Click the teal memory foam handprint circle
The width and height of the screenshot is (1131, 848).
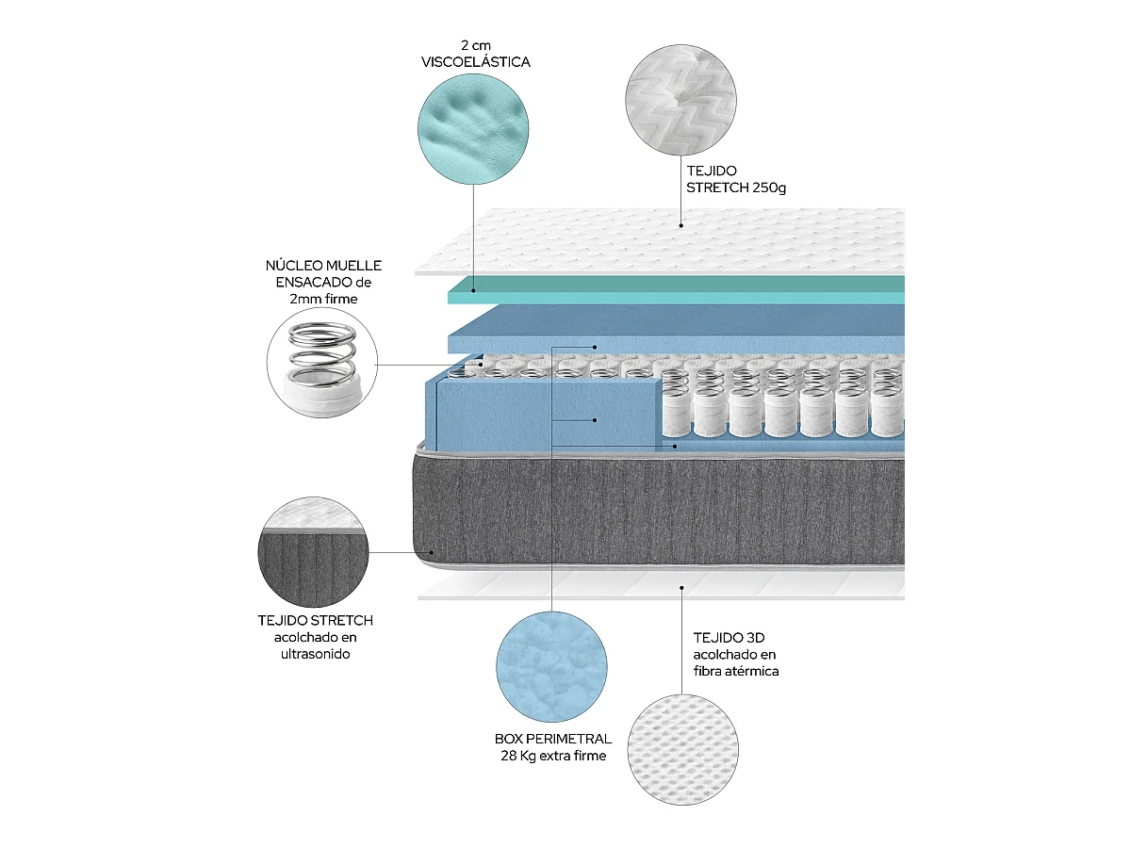click(x=472, y=129)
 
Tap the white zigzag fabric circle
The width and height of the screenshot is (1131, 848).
click(x=680, y=99)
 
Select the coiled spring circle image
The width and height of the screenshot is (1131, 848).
click(x=321, y=363)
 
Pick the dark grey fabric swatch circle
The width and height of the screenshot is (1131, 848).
click(x=313, y=551)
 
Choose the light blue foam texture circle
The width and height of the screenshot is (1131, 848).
click(x=551, y=666)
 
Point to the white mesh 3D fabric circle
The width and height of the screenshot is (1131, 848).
click(x=682, y=749)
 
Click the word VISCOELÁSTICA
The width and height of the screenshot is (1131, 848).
click(x=475, y=62)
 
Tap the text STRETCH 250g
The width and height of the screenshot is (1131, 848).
click(x=735, y=188)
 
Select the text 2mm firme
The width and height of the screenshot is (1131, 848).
click(x=323, y=299)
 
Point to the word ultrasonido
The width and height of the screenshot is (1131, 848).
click(x=315, y=654)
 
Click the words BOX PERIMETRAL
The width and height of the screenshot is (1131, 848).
click(x=553, y=739)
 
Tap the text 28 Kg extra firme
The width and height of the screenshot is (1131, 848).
click(x=553, y=756)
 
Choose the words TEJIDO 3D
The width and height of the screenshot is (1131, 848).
click(x=729, y=638)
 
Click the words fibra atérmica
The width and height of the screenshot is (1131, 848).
click(x=735, y=672)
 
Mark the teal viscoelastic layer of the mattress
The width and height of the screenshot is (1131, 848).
click(x=676, y=290)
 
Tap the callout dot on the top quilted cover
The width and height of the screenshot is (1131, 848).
click(x=680, y=225)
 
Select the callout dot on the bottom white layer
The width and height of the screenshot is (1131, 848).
click(x=681, y=587)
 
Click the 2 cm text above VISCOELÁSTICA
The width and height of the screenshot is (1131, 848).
click(x=475, y=45)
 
